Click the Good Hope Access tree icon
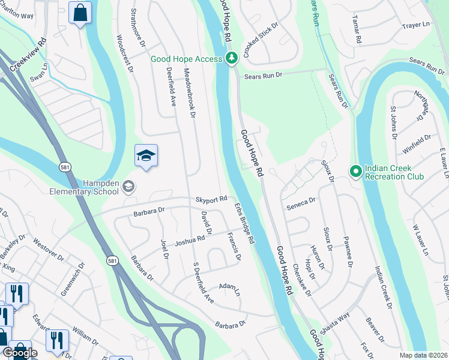point(232,58)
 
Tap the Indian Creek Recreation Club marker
point(356,172)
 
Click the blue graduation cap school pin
point(146,156)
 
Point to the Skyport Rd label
point(211,199)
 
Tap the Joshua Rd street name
point(190,241)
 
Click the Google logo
point(19,352)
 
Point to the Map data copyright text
point(423,355)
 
